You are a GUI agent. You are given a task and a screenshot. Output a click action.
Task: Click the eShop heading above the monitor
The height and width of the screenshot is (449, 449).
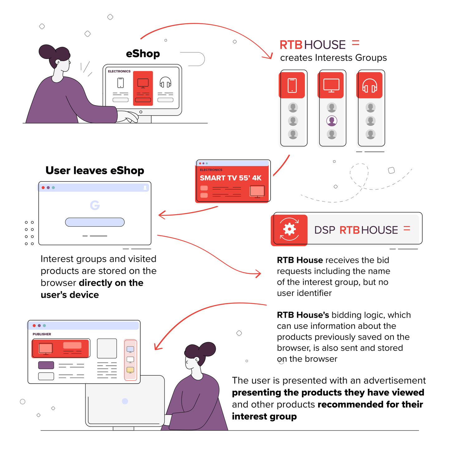click(142, 54)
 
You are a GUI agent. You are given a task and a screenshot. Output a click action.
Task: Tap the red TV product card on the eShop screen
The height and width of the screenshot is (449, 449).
click(142, 88)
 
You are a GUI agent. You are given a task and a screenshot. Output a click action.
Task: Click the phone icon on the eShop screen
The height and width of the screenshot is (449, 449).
click(120, 83)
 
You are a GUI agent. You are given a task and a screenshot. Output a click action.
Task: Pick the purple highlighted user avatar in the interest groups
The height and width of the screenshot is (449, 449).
click(331, 121)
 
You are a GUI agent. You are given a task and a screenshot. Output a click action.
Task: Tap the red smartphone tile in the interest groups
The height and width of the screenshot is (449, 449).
click(292, 85)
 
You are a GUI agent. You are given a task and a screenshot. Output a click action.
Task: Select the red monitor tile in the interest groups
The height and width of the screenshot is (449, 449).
click(331, 85)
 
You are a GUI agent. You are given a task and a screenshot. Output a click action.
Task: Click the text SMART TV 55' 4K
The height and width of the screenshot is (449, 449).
click(230, 178)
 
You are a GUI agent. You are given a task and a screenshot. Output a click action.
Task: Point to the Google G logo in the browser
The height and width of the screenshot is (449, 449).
click(94, 205)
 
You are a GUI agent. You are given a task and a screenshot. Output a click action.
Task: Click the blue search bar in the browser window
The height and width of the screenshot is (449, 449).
click(94, 222)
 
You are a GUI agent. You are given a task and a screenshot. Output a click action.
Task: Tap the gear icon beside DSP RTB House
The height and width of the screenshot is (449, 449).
click(289, 229)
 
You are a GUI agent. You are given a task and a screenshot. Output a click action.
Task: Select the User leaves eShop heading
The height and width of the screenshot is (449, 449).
click(94, 170)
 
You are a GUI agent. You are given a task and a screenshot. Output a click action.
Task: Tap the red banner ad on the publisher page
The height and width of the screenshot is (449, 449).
click(60, 348)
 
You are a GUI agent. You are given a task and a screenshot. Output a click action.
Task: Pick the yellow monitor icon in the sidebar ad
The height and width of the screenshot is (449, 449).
click(130, 369)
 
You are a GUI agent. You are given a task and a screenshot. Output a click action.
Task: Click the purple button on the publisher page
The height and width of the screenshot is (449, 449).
click(46, 365)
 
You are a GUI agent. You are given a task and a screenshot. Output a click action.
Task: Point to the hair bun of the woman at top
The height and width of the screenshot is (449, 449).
click(47, 51)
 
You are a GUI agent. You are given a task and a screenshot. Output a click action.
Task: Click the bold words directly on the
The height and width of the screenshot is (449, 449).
click(111, 282)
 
